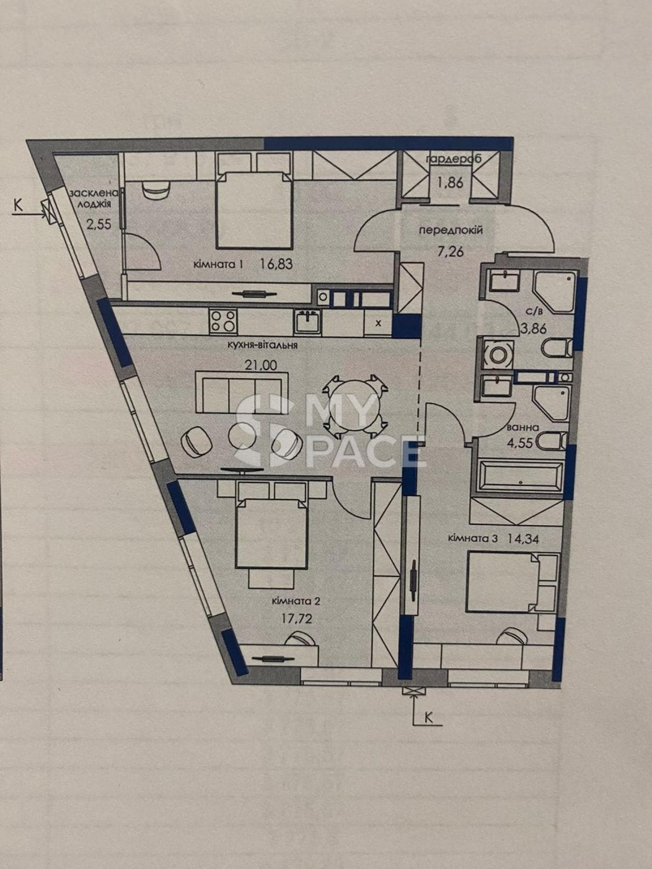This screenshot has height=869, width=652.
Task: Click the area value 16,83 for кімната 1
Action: (277, 264)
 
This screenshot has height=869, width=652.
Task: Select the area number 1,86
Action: (450, 182)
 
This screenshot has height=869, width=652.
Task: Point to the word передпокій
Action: (451, 230)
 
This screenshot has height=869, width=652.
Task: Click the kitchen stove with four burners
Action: (223, 321)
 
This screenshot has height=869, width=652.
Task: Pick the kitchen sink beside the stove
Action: (307, 322)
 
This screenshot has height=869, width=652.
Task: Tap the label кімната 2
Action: (296, 601)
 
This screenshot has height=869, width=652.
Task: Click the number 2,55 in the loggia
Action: (99, 224)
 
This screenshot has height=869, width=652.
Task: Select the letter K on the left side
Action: (18, 205)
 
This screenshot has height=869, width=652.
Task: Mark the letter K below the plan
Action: (428, 717)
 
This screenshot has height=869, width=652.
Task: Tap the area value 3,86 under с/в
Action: (533, 329)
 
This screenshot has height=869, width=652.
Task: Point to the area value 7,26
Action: (450, 252)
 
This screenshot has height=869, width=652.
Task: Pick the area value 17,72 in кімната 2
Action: (297, 619)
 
